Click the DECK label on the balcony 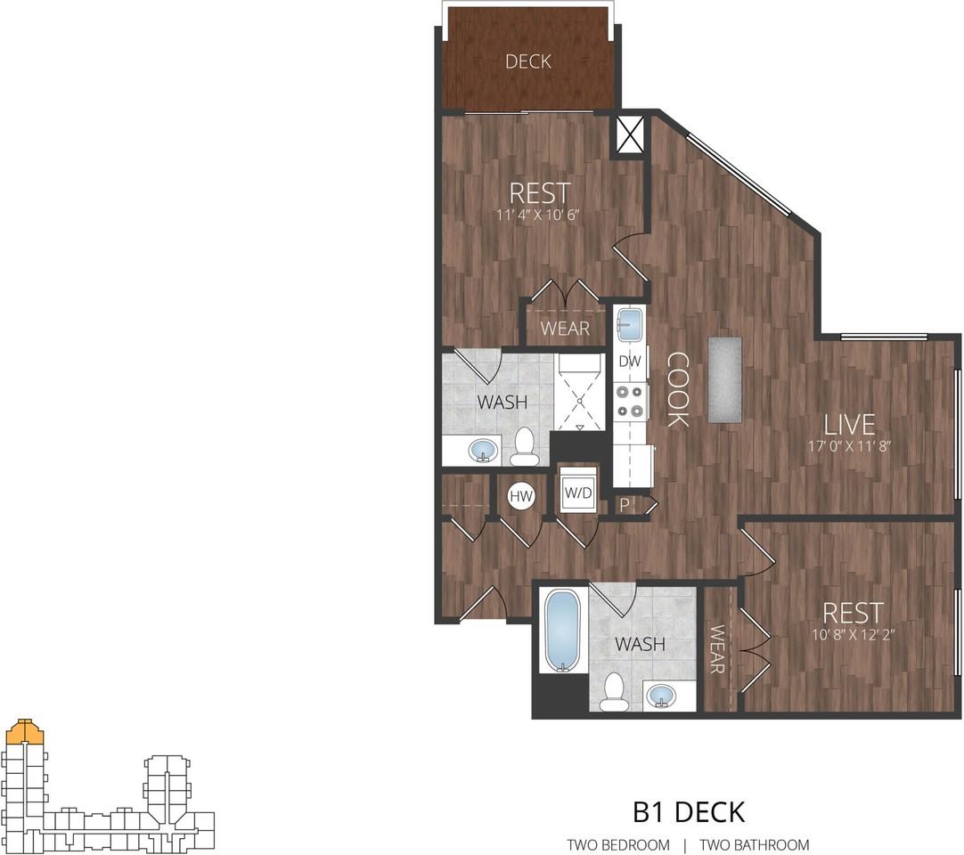(x=528, y=61)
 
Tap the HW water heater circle (x=520, y=496)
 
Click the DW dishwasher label (x=630, y=362)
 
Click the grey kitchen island (x=724, y=379)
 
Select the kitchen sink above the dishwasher (x=630, y=322)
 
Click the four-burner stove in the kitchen (x=630, y=402)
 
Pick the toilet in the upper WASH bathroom (x=525, y=446)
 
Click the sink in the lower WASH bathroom (x=660, y=694)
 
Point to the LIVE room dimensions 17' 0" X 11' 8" (x=848, y=446)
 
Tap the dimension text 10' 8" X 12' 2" (x=853, y=635)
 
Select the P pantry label (x=625, y=505)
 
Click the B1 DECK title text (x=688, y=811)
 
